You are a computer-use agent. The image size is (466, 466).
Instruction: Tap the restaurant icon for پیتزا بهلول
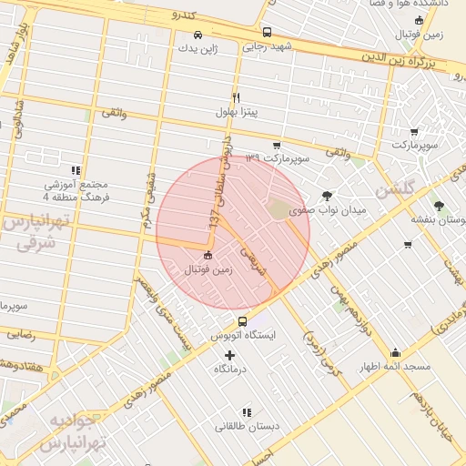coord(236,97)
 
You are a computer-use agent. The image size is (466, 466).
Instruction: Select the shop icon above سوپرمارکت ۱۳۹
coord(277,145)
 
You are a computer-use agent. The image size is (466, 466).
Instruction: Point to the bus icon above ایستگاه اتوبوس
coord(242,321)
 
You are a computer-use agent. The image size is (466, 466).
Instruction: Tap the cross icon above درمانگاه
coord(229,356)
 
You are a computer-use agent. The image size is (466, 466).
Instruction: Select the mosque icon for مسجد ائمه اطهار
coord(395,353)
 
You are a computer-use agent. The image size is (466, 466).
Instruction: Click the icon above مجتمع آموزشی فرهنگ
coord(76,169)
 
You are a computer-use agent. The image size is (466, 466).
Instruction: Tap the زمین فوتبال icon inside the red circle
coord(208,256)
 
